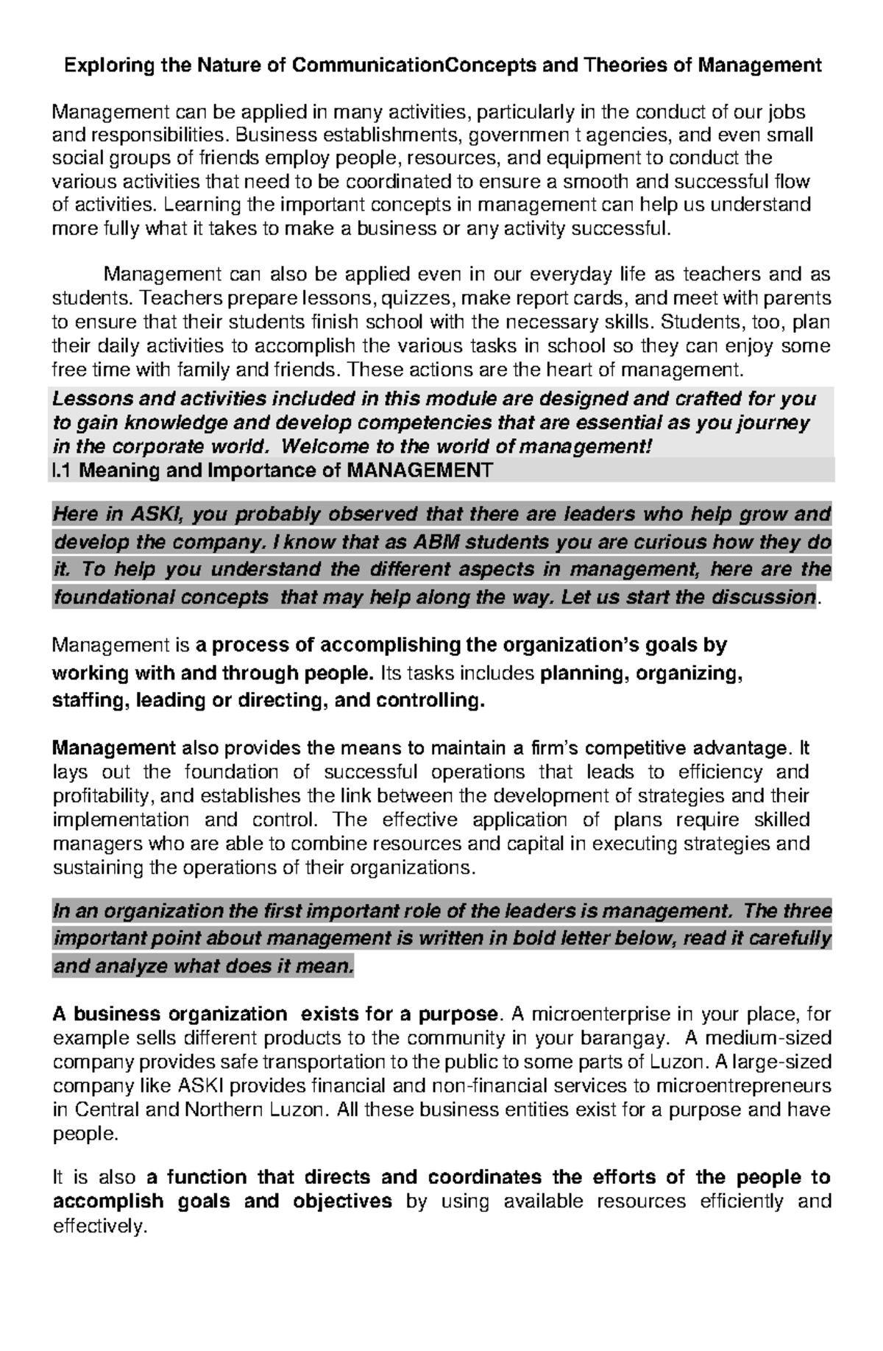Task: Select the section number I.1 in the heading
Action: [x=62, y=470]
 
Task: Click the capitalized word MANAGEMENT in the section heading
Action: [x=419, y=470]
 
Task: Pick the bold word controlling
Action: [x=430, y=700]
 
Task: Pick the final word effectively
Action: [x=96, y=1227]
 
